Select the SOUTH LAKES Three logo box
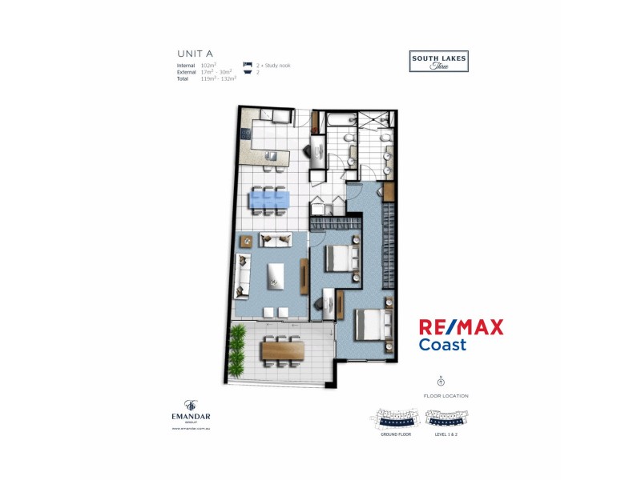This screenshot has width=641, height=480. [x=438, y=62]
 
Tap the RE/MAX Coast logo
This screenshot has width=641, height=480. [x=462, y=334]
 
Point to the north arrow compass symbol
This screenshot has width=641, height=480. [x=441, y=383]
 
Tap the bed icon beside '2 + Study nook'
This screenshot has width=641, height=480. [x=247, y=65]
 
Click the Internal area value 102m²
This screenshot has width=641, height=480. [x=209, y=65]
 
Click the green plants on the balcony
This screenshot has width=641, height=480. [x=238, y=352]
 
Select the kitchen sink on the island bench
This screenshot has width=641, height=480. [x=272, y=155]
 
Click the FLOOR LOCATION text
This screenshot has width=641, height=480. [x=446, y=395]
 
